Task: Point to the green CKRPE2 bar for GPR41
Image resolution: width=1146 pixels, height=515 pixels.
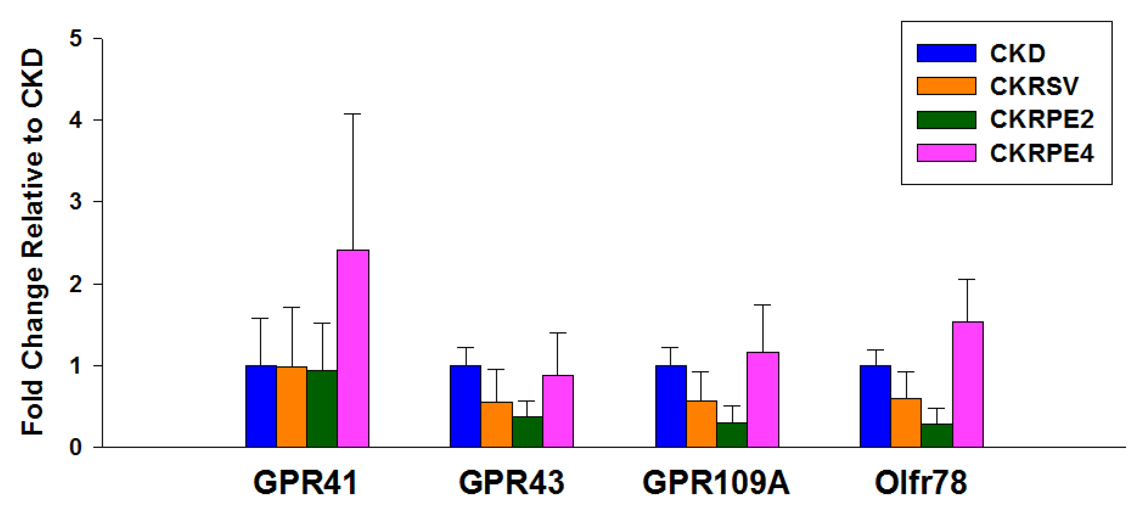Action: (x=322, y=408)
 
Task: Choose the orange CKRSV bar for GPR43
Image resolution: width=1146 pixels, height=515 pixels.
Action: (x=496, y=424)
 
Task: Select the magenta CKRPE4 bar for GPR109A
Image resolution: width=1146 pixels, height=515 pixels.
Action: (x=763, y=400)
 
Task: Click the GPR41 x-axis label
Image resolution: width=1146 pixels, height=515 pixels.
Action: (x=305, y=483)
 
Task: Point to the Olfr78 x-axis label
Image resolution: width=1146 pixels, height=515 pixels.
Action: (x=921, y=483)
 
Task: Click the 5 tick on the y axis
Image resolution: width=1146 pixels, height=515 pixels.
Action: (x=76, y=39)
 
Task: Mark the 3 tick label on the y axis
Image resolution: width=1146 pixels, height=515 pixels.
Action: (x=76, y=202)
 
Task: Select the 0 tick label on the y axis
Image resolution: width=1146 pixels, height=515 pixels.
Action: (x=76, y=447)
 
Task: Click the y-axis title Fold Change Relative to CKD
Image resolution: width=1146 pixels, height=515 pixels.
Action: (x=32, y=243)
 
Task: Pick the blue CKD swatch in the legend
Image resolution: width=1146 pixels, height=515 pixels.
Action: (x=946, y=53)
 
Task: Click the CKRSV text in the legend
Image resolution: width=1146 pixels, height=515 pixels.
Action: (x=1034, y=86)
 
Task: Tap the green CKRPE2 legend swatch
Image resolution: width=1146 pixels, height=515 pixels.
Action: (x=946, y=120)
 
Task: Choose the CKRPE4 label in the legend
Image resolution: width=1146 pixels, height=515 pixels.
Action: (x=1041, y=153)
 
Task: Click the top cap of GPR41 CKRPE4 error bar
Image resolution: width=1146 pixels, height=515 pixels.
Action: (x=353, y=114)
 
